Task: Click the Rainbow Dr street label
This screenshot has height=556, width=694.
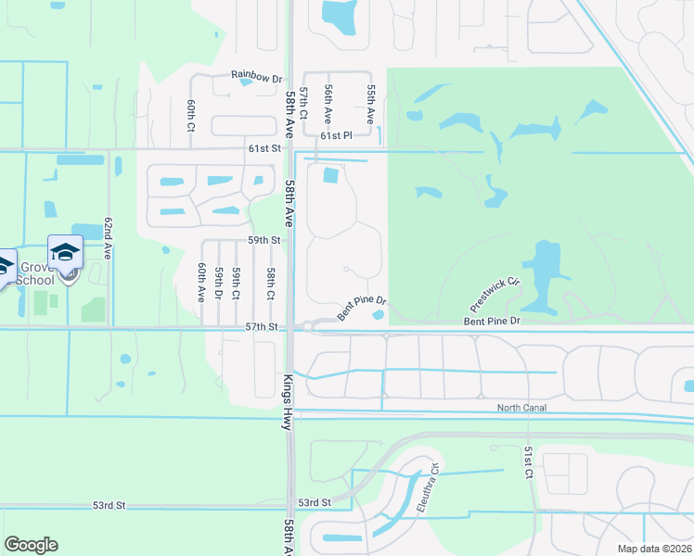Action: (x=257, y=78)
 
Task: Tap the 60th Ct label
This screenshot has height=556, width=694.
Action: (x=189, y=115)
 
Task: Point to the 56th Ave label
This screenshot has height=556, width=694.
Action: (x=328, y=104)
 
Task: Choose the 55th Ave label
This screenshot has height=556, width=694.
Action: (x=370, y=104)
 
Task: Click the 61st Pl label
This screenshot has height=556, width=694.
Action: (x=337, y=135)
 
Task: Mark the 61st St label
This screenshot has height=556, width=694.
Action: (x=263, y=147)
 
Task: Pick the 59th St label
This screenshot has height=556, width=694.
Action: (x=263, y=240)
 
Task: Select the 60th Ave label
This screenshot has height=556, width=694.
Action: (x=200, y=282)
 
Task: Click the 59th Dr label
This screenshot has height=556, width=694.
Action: (x=219, y=284)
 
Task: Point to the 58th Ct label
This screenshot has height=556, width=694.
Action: (x=270, y=284)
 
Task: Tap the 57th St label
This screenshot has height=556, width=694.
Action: (x=263, y=327)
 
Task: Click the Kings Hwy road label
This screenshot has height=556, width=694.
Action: (x=287, y=400)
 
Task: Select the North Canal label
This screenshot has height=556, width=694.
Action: (x=521, y=408)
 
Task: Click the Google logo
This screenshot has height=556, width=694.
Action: (x=31, y=545)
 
